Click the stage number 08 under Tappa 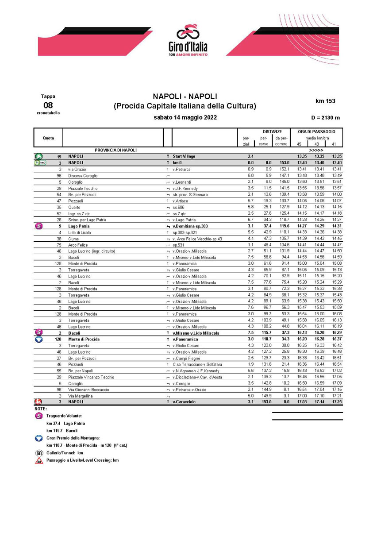(47, 105)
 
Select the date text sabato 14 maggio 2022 (185, 118)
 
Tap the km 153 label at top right (325, 101)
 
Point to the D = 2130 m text (326, 118)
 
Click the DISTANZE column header (272, 131)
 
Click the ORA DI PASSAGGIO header (316, 131)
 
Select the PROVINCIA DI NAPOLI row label (115, 150)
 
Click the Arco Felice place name (78, 245)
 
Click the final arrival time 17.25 (337, 402)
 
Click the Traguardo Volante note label (64, 416)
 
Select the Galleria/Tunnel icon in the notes (38, 453)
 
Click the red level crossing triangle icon (38, 460)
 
